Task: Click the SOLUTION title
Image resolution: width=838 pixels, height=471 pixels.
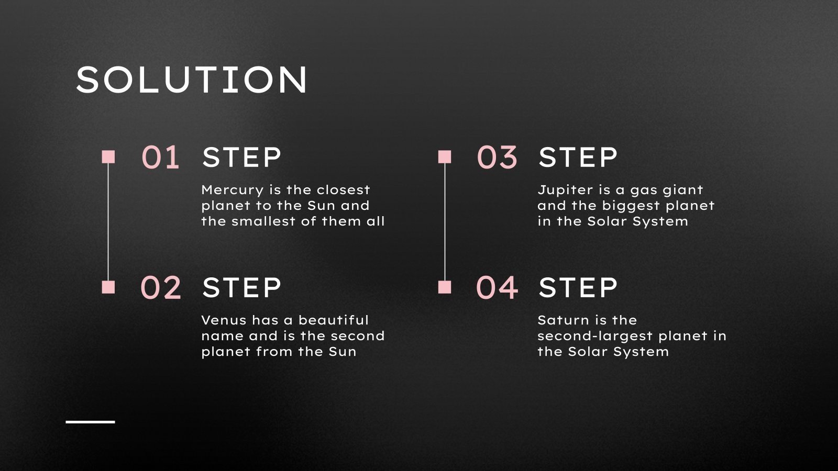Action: pyautogui.click(x=192, y=80)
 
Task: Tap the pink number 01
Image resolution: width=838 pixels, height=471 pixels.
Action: pyautogui.click(x=160, y=157)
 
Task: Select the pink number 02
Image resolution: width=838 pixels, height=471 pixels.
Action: pyautogui.click(x=160, y=287)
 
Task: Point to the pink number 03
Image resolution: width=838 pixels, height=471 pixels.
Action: pyautogui.click(x=497, y=157)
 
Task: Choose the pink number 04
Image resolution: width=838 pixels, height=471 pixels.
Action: pyautogui.click(x=497, y=287)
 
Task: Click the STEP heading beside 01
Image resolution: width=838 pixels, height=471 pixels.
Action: pyautogui.click(x=241, y=157)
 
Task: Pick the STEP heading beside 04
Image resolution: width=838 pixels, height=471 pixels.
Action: pyautogui.click(x=578, y=287)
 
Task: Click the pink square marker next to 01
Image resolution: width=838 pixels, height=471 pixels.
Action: pyautogui.click(x=108, y=156)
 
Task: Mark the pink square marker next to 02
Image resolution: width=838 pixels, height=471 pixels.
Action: pyautogui.click(x=108, y=287)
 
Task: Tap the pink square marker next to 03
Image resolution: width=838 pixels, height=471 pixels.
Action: pyautogui.click(x=445, y=156)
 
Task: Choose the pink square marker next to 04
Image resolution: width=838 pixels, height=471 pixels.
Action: pyautogui.click(x=445, y=287)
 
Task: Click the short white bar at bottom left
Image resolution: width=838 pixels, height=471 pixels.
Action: pyautogui.click(x=90, y=421)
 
